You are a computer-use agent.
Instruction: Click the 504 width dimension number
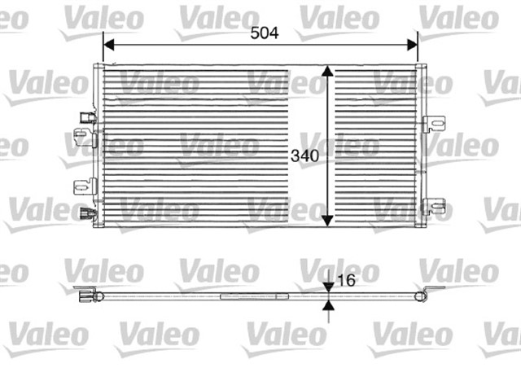264,33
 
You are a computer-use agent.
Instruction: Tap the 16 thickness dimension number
346,280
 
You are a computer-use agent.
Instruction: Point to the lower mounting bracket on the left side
82,186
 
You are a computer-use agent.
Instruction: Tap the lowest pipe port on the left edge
88,216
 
